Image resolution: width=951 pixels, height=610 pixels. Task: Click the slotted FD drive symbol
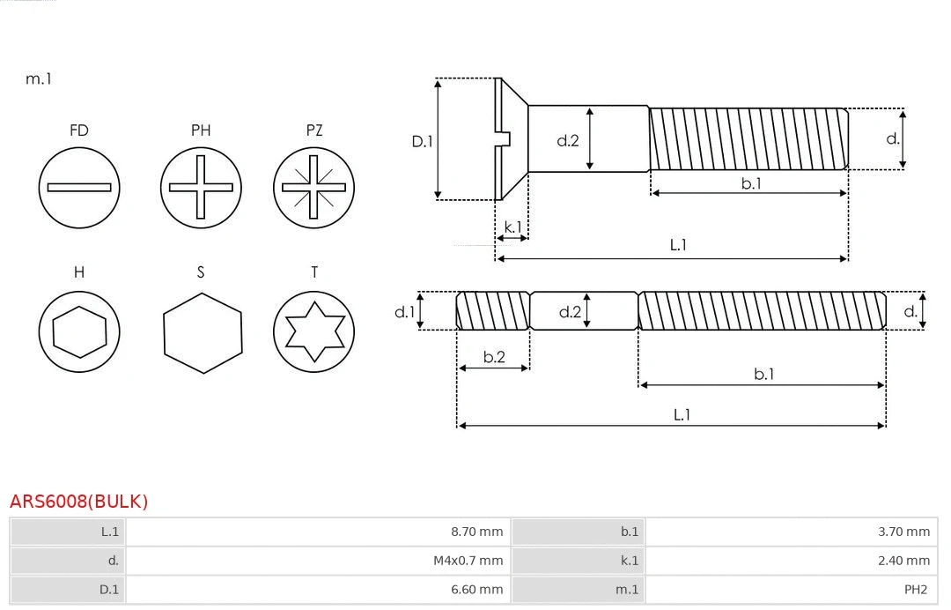[x=79, y=187]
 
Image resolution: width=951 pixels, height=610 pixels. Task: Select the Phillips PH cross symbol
[x=201, y=187]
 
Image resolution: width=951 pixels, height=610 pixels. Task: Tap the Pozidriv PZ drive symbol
[x=313, y=187]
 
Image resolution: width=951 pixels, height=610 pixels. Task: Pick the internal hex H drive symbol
[x=79, y=332]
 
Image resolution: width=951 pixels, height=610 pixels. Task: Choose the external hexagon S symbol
[x=202, y=332]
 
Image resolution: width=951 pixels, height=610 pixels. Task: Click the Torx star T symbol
[x=313, y=332]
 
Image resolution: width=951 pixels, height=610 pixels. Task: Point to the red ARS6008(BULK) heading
[x=79, y=502]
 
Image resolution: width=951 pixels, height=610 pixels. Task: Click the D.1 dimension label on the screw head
[x=423, y=140]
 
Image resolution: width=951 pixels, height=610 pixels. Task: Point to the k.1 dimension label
[x=512, y=227]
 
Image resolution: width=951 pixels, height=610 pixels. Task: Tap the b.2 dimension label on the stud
[x=494, y=357]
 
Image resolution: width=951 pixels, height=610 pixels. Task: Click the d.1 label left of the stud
[x=403, y=311]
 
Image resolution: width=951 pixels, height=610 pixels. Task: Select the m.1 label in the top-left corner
[x=39, y=78]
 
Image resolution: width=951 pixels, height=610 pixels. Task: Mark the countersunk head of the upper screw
[x=511, y=138]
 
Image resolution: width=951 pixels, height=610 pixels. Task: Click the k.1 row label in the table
[x=629, y=561]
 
